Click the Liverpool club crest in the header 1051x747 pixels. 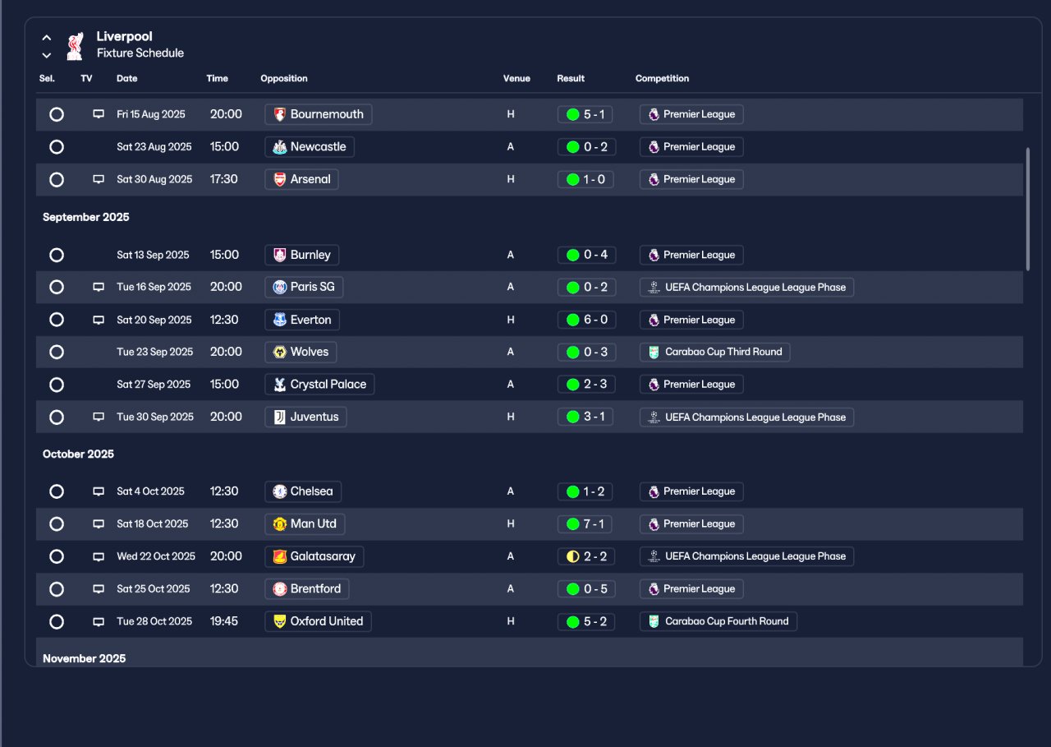(x=75, y=46)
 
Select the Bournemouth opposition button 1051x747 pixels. (x=319, y=114)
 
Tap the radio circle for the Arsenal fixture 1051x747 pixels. (x=57, y=179)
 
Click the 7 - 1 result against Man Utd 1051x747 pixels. (x=585, y=523)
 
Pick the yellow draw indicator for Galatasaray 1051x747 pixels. (x=573, y=556)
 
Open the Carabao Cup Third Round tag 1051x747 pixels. (x=714, y=352)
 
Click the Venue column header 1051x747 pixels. (x=516, y=79)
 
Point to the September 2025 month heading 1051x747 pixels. (x=86, y=217)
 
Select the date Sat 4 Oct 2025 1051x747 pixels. (x=150, y=491)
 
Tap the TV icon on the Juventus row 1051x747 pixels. (x=99, y=417)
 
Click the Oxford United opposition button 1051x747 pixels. (x=319, y=621)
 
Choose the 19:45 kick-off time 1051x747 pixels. (x=224, y=621)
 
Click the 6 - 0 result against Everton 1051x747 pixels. (x=585, y=320)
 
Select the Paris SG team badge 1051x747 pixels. (x=280, y=287)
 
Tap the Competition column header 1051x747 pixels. (x=662, y=79)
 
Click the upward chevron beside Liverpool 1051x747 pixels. (x=47, y=38)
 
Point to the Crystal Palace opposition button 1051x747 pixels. (x=320, y=385)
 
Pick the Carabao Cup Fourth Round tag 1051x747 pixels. (x=718, y=621)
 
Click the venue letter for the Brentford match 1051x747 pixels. (x=511, y=589)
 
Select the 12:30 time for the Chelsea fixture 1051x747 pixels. (x=224, y=491)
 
